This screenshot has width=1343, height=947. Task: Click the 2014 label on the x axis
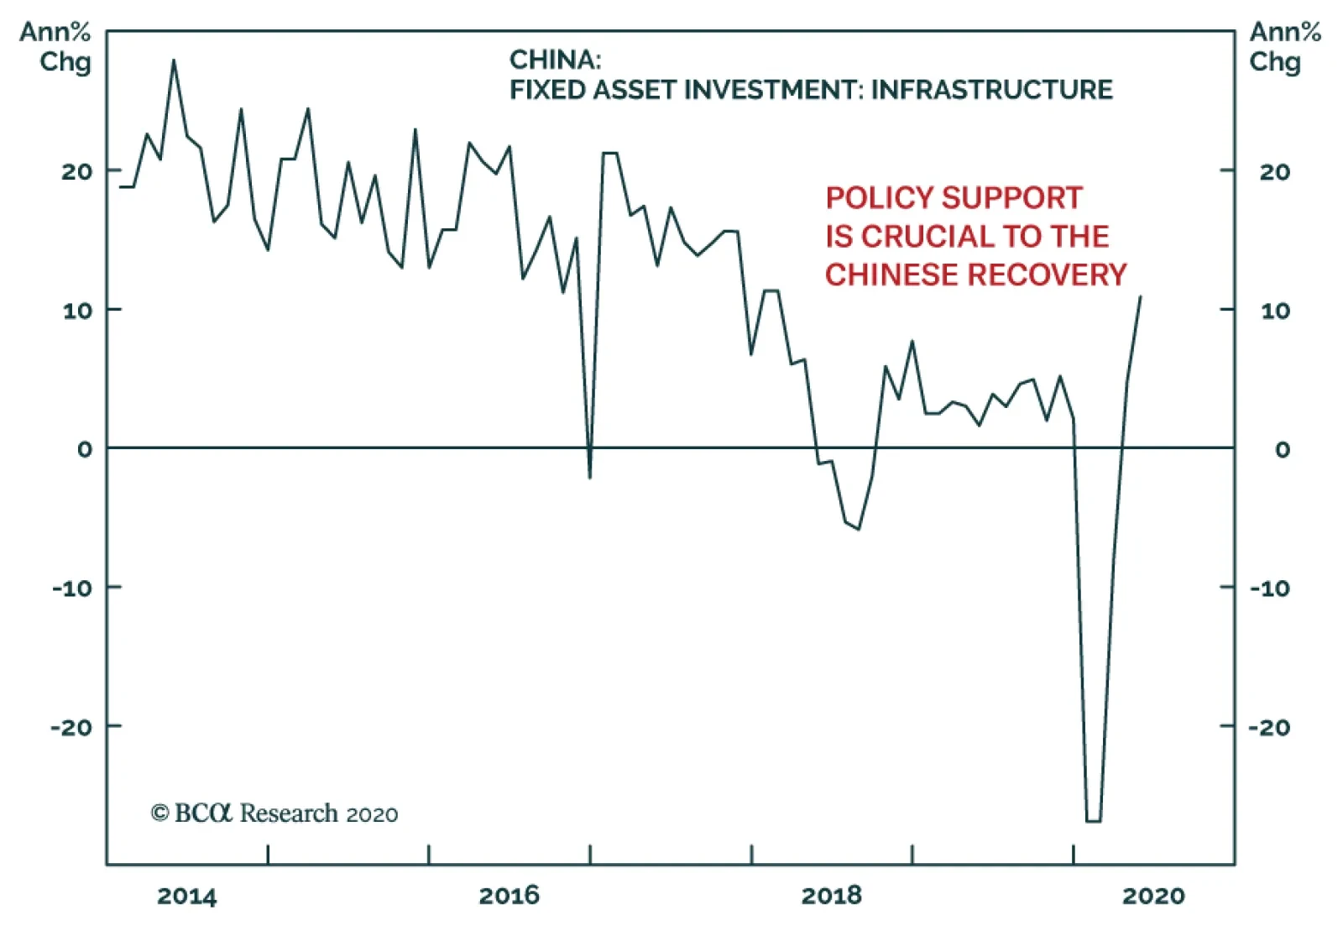pos(186,896)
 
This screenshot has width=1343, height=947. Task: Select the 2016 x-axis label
pos(509,896)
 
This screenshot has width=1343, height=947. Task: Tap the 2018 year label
pos(831,896)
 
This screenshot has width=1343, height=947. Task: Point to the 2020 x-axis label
pos(1153,896)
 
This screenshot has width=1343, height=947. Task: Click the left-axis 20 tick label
pos(76,171)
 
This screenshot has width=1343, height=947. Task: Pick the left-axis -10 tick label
pos(72,588)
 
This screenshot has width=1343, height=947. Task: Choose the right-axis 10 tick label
pos(1275,311)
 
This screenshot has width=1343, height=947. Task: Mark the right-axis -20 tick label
pos(1269,727)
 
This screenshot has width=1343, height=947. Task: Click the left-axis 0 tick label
pos(85,449)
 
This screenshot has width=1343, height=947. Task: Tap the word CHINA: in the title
pos(555,60)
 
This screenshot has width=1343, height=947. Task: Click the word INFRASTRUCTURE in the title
pos(991,90)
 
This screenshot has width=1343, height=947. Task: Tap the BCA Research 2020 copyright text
pos(274,814)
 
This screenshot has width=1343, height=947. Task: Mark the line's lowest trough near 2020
pos(1093,820)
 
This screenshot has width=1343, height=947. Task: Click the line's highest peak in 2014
pos(174,60)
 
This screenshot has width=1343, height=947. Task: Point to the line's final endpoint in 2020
pos(1140,296)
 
